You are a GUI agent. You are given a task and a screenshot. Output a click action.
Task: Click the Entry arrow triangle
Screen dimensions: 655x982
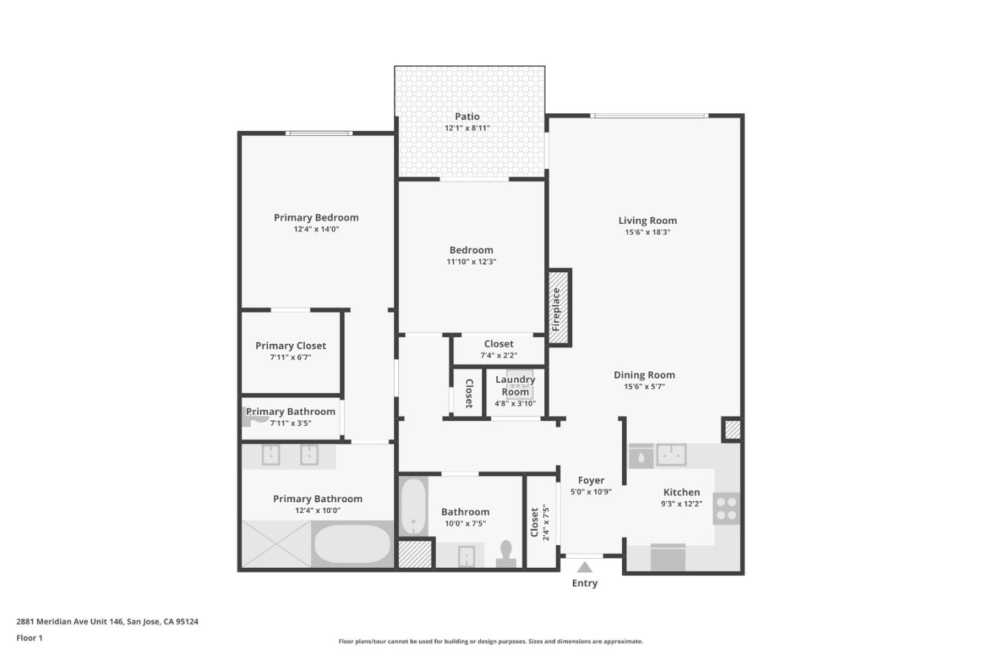[x=584, y=567]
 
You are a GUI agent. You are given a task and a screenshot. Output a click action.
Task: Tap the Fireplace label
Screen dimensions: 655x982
[x=556, y=309]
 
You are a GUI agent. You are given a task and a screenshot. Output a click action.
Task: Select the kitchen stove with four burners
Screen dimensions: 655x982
[x=726, y=509]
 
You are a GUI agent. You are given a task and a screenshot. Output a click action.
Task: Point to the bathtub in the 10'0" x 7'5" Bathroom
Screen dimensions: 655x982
[x=413, y=506]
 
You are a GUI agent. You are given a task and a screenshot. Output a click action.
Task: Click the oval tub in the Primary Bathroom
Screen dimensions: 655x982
[x=353, y=544]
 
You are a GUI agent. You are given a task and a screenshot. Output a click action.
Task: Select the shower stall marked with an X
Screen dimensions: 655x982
[x=276, y=544]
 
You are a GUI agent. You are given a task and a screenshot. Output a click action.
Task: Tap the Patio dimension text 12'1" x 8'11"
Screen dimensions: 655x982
[x=467, y=128]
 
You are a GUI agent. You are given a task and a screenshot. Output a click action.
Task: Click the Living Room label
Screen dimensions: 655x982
[x=647, y=220]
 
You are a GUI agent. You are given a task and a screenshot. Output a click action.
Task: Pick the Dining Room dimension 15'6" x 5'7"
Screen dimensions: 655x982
[x=644, y=387]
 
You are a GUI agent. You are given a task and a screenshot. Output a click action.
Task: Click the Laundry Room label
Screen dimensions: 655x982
[x=515, y=385]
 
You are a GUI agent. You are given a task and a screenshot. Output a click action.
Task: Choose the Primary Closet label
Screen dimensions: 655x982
[x=291, y=346]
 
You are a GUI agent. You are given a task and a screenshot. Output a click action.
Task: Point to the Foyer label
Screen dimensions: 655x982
[x=591, y=480]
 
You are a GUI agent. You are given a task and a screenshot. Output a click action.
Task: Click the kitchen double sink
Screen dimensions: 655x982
[x=671, y=455]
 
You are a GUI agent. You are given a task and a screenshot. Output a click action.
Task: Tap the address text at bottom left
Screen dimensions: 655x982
[x=107, y=622]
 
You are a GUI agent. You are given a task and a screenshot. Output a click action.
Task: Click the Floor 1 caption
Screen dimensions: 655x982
[x=29, y=638]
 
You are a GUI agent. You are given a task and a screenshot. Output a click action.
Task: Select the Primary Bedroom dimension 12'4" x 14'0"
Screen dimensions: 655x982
[x=316, y=229]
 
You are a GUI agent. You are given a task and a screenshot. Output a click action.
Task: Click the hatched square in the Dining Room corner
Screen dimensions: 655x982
[x=732, y=430]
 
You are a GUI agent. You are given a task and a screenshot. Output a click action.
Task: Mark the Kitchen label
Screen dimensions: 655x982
[x=681, y=492]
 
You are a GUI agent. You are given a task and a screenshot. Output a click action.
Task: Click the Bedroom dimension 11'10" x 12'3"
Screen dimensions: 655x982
[x=471, y=262]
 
